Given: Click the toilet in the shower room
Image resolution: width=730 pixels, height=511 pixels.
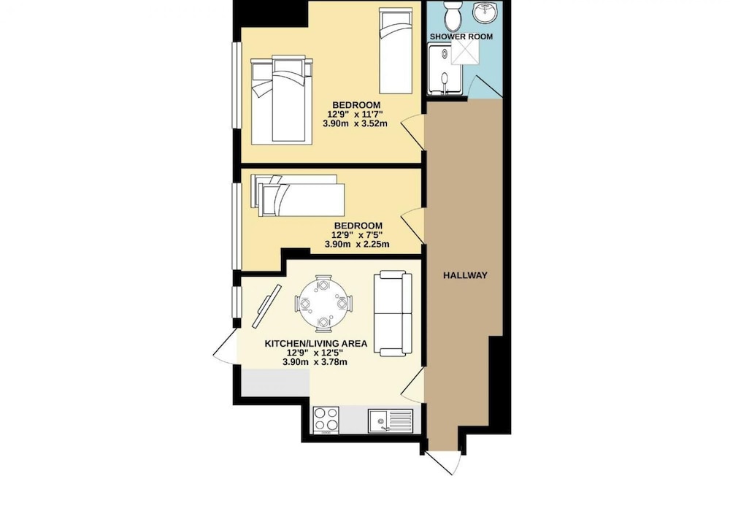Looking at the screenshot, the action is pyautogui.click(x=453, y=15).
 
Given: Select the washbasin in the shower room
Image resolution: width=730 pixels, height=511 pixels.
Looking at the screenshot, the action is pyautogui.click(x=485, y=11).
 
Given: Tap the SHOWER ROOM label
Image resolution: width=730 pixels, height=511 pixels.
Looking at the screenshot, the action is pyautogui.click(x=461, y=36).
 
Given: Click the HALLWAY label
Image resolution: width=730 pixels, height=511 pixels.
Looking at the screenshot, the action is pyautogui.click(x=465, y=275).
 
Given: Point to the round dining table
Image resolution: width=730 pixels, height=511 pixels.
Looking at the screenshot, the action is pyautogui.click(x=322, y=304).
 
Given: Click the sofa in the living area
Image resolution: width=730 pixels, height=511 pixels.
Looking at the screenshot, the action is pyautogui.click(x=393, y=314).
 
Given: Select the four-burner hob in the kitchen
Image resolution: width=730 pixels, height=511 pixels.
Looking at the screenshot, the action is pyautogui.click(x=326, y=420).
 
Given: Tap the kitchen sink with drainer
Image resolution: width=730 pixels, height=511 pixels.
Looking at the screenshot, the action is pyautogui.click(x=391, y=420).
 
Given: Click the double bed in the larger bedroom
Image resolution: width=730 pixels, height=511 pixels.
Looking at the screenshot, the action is pyautogui.click(x=281, y=99).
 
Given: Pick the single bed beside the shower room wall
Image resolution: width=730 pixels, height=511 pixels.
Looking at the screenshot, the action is pyautogui.click(x=396, y=50).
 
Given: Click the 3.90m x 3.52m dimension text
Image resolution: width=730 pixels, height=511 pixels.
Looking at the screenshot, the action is pyautogui.click(x=356, y=124).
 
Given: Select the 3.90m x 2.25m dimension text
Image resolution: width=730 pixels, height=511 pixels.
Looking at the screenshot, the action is pyautogui.click(x=357, y=244).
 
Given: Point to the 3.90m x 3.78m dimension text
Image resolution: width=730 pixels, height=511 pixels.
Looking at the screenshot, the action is pyautogui.click(x=315, y=362).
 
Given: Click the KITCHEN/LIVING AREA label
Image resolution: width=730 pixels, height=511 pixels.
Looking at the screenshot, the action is pyautogui.click(x=315, y=343).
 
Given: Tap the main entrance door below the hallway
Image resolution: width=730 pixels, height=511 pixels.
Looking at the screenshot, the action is pyautogui.click(x=443, y=461).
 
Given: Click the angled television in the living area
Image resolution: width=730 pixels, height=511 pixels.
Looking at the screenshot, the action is pyautogui.click(x=267, y=306).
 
